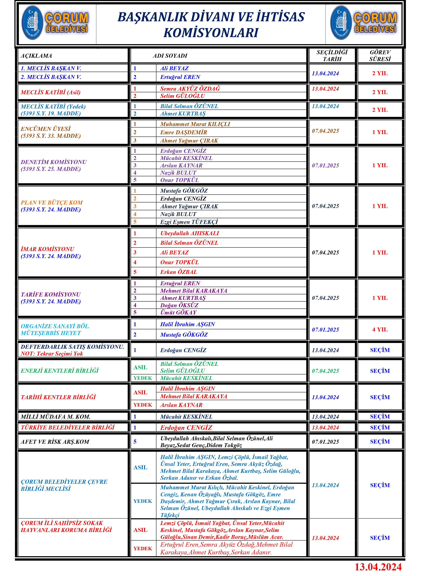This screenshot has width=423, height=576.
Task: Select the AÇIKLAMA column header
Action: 36,56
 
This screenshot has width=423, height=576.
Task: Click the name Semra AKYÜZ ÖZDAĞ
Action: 190,89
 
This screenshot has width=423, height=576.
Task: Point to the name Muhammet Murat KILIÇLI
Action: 195,124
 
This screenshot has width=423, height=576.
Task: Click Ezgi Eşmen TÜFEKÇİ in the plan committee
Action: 189,222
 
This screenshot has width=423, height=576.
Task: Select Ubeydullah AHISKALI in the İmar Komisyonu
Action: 190,233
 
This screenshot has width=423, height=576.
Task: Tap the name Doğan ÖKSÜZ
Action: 179,305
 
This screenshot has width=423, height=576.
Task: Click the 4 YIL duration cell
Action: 380,330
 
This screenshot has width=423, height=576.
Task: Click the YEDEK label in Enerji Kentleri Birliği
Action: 143,378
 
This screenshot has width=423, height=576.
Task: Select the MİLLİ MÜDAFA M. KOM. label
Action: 55,417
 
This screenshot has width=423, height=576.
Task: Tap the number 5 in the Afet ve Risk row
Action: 135,442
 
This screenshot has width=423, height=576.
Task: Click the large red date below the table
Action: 378,567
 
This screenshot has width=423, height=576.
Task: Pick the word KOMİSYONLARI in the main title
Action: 211,33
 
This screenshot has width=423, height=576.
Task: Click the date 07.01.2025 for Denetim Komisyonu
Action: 325,165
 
